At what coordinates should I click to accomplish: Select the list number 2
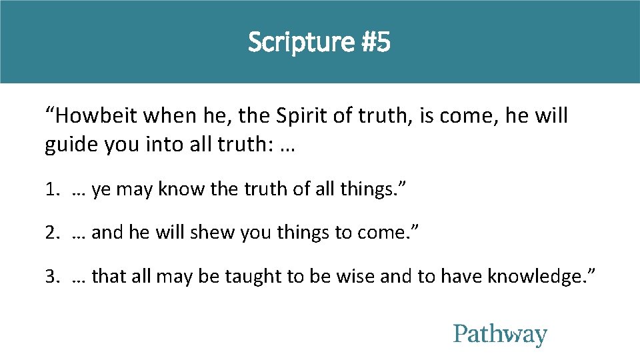click(x=51, y=233)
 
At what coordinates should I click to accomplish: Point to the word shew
click(x=208, y=233)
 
